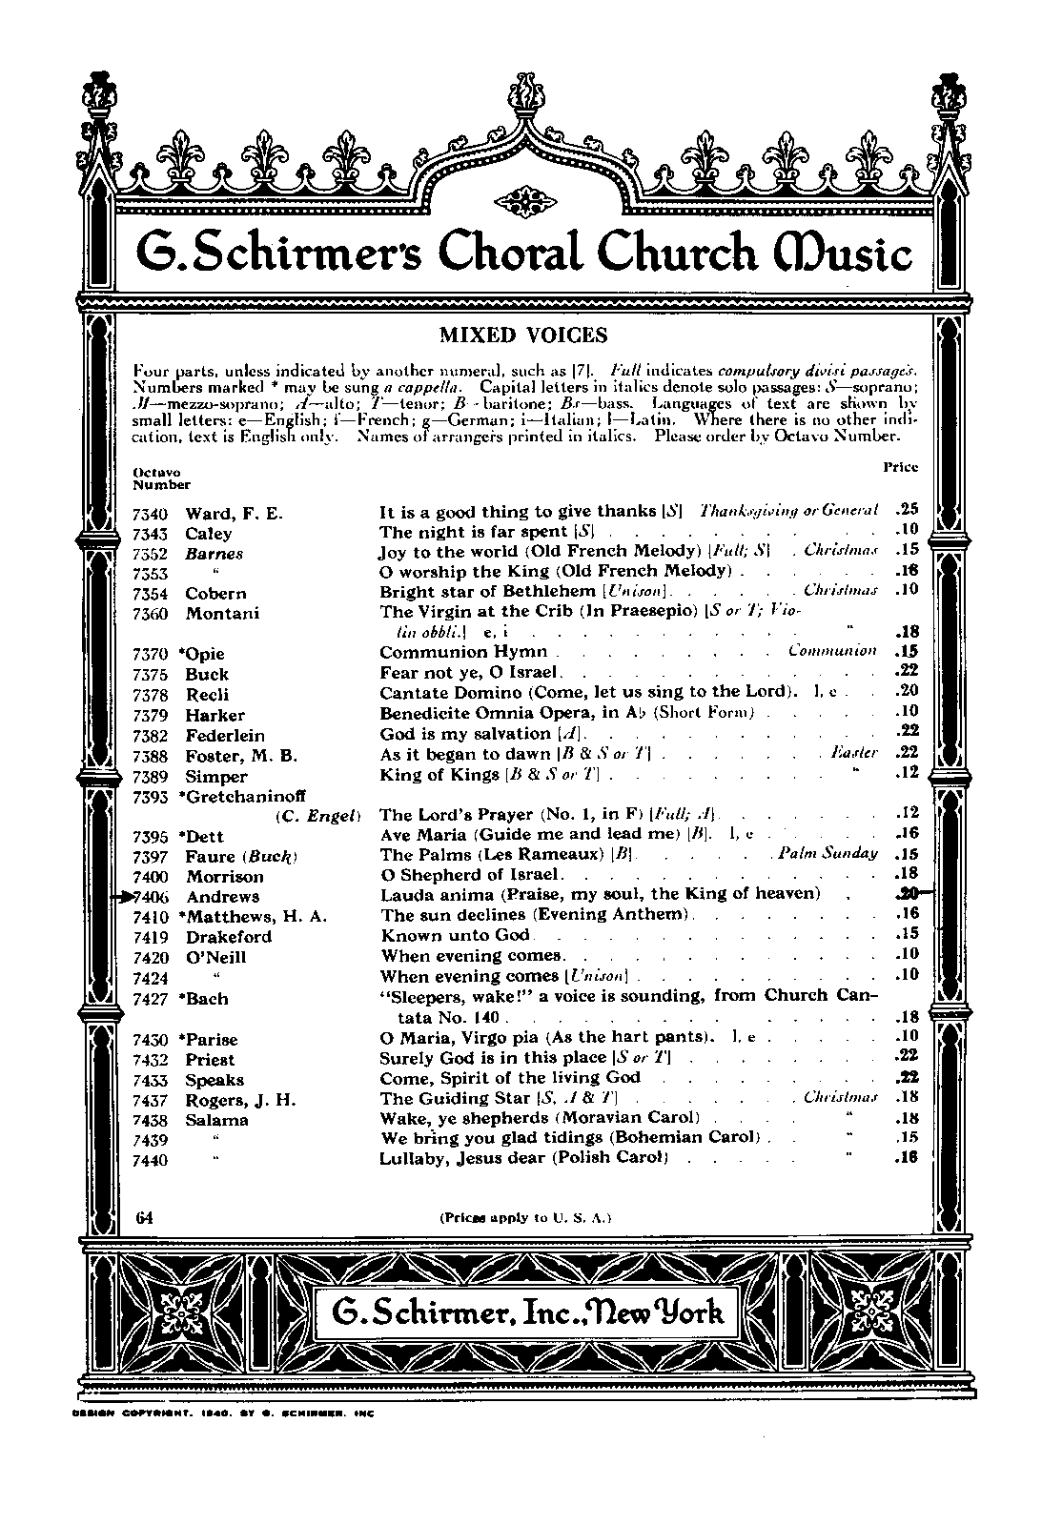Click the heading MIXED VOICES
pyautogui.click(x=522, y=335)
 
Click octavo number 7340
pyautogui.click(x=151, y=514)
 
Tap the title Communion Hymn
pyautogui.click(x=463, y=652)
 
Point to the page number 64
pyautogui.click(x=145, y=1216)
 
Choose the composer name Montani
pyautogui.click(x=222, y=614)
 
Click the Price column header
pyautogui.click(x=901, y=467)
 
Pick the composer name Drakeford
pyautogui.click(x=229, y=937)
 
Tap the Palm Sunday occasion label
pyautogui.click(x=827, y=853)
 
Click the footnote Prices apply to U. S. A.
pyautogui.click(x=524, y=1217)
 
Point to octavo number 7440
pyautogui.click(x=151, y=1161)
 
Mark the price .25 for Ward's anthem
pyautogui.click(x=907, y=510)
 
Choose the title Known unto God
pyautogui.click(x=455, y=935)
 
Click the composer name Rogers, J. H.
pyautogui.click(x=240, y=1100)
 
